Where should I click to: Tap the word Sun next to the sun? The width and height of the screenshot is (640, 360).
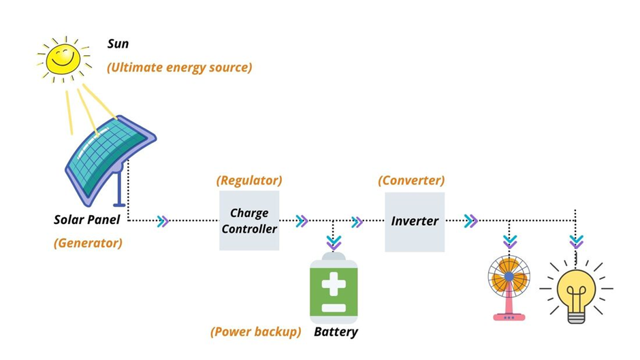point(118,44)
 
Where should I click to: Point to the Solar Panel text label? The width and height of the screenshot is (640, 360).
point(87,220)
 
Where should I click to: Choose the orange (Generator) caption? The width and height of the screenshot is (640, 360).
point(88,243)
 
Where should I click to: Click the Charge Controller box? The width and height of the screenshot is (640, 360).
point(249,221)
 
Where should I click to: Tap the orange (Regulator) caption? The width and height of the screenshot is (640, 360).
point(249,181)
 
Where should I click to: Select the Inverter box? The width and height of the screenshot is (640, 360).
point(415,221)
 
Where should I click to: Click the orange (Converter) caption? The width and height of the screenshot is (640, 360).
point(411,181)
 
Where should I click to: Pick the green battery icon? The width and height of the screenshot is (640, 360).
point(334,289)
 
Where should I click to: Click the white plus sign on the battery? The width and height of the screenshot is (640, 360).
point(334,281)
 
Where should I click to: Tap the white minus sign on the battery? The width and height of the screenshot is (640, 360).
point(334,308)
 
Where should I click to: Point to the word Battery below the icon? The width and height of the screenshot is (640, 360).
point(336,332)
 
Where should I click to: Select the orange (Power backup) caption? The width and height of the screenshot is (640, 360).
point(255,332)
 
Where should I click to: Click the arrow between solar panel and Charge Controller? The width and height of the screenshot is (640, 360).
point(163,221)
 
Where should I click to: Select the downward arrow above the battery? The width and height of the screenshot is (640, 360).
point(334,242)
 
